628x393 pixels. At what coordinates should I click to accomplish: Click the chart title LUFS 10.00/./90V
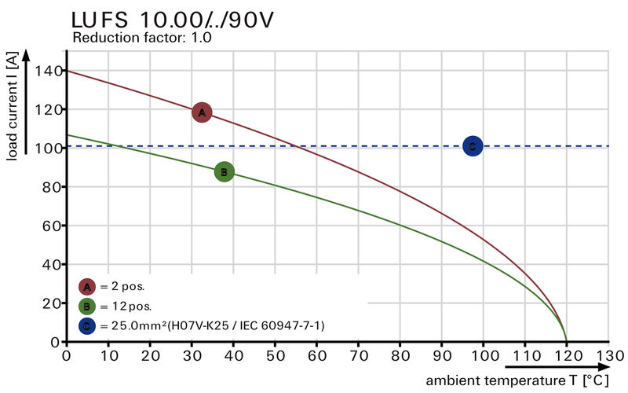pos(173,20)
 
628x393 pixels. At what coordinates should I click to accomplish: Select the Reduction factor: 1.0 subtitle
pos(142,38)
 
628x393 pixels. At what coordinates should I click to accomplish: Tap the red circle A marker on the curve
pos(202,112)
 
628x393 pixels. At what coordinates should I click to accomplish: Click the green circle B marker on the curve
pos(224,171)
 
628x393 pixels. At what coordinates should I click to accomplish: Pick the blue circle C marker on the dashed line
pos(472,145)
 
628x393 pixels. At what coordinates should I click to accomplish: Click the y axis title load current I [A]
pos(13,106)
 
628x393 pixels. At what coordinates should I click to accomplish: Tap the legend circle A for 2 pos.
pos(87,286)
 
